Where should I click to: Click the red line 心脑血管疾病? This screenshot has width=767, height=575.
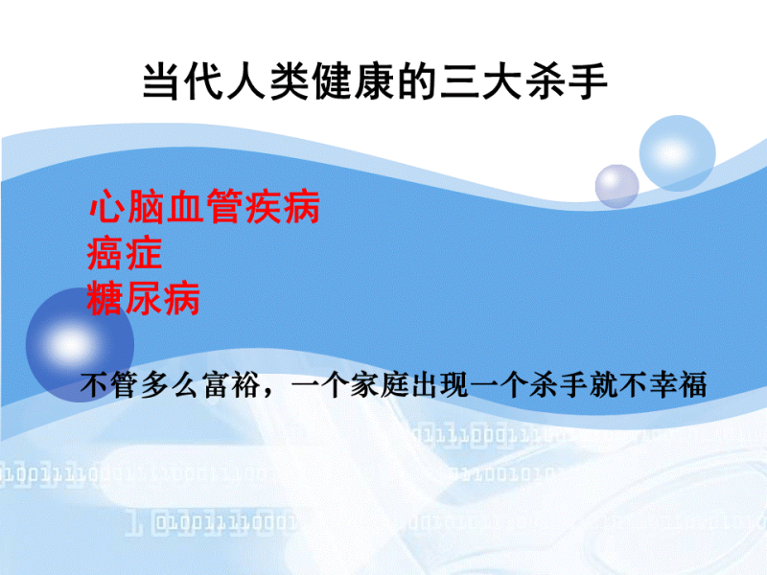pos(204,207)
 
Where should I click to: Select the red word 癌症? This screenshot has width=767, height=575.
pos(125,252)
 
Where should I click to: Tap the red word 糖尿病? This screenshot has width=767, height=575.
pos(144,297)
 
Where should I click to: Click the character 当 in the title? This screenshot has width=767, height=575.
pos(161,81)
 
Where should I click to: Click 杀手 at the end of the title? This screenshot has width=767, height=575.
pos(567,81)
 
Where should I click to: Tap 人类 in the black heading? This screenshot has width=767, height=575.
pos(267,81)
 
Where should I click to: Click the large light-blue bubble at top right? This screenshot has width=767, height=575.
pos(678,153)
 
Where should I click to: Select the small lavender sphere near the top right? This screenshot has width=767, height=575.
pos(616,186)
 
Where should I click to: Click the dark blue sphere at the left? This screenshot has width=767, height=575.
pos(80,344)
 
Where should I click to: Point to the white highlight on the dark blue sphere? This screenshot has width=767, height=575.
pos(71,344)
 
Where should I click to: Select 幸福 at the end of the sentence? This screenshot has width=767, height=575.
pos(678,385)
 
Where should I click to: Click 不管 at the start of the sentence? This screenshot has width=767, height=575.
pos(110,385)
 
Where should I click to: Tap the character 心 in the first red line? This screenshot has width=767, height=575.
pos(106,207)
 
